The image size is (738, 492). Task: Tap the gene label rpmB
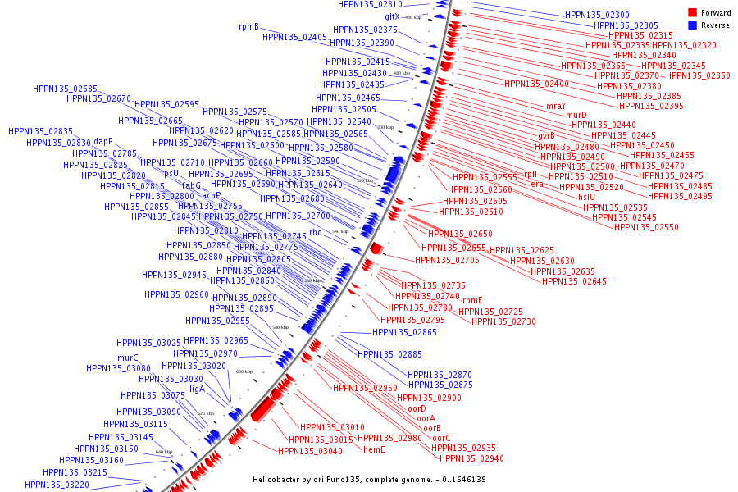pos(248,26)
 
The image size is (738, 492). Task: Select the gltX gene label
pos(392,16)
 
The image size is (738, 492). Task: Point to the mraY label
pos(555,106)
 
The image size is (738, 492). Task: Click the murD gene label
pos(576,115)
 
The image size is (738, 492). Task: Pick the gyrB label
pos(546,135)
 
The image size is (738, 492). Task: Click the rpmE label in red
pos(472,300)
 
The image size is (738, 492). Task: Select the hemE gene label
pos(374,449)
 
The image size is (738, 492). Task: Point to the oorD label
pos(417,408)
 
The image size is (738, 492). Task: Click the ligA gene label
pos(197,389)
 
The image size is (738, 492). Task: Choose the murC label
pos(127,358)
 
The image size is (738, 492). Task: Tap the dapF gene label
pos(102,141)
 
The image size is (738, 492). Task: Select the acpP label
pos(212,195)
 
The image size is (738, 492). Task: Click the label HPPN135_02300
pos(597,15)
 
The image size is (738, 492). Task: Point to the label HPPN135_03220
pos(57,485)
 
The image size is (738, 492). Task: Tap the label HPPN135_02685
pos(65,89)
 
